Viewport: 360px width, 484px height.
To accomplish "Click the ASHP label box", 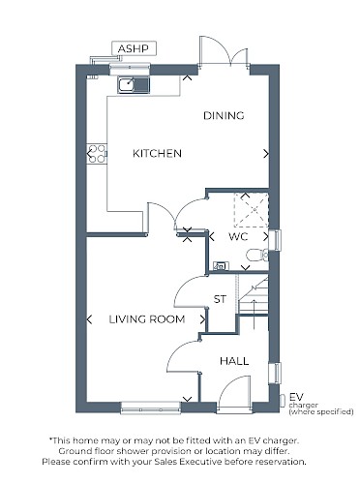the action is (134, 48).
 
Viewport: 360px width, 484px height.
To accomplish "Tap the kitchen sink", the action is (134, 85).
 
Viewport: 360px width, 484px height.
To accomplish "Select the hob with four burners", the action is (97, 154).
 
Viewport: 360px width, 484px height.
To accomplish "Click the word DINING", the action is (224, 115).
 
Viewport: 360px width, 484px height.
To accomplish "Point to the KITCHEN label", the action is (157, 153).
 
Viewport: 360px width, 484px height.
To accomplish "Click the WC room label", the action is (238, 236).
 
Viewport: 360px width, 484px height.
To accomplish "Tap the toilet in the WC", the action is (257, 256).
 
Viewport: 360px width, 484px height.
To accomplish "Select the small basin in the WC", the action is (222, 266).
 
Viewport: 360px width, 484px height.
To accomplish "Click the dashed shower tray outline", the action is (252, 210).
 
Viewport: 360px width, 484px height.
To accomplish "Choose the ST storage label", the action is (220, 299).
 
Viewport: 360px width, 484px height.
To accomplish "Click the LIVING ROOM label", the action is (147, 319).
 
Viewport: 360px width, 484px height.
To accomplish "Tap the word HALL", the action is (234, 361).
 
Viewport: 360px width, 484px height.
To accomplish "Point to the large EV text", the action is (296, 397).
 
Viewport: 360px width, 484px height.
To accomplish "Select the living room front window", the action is (151, 408).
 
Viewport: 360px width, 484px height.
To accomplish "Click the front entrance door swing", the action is (233, 395).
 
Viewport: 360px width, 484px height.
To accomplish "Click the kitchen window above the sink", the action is (130, 69).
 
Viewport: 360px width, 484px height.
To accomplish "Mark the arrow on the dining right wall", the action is (266, 154).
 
